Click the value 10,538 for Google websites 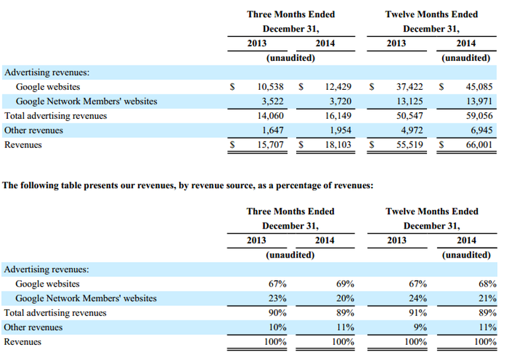[270, 87]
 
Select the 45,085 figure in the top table [479, 87]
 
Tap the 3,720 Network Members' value [340, 102]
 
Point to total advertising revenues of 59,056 [479, 116]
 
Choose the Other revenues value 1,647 [272, 130]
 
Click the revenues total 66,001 [479, 145]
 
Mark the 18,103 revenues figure [338, 145]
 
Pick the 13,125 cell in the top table [410, 102]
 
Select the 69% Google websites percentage [345, 284]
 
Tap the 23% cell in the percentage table [277, 299]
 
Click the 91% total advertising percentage [418, 313]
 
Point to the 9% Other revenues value [420, 327]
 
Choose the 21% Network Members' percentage [488, 299]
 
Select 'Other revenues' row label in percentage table [33, 327]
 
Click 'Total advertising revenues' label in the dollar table [56, 116]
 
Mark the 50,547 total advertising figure [410, 116]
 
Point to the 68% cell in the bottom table [488, 284]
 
